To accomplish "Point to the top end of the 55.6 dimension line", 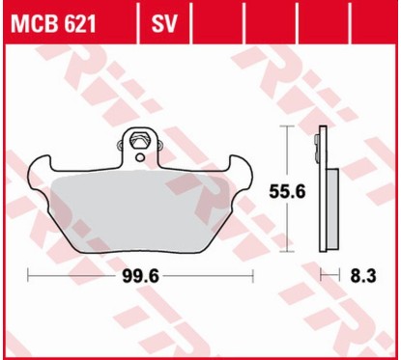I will [287, 126].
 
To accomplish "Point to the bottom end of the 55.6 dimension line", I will [287, 257].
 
